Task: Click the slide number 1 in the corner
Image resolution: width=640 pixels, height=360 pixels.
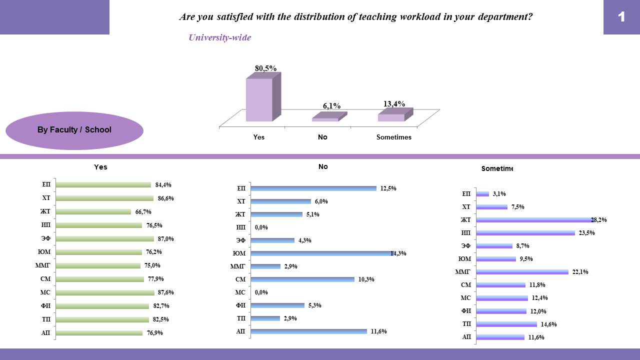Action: pyautogui.click(x=621, y=17)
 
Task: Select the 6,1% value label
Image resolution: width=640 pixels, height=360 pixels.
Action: pyautogui.click(x=331, y=106)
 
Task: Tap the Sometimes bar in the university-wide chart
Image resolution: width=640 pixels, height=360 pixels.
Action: pyautogui.click(x=391, y=117)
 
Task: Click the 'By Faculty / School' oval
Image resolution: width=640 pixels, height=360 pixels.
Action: pyautogui.click(x=74, y=130)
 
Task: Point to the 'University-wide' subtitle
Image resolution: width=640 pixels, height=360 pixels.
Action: pyautogui.click(x=219, y=37)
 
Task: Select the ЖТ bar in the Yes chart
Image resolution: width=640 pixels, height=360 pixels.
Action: pyautogui.click(x=93, y=212)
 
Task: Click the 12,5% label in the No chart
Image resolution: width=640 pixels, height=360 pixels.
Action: pyautogui.click(x=388, y=188)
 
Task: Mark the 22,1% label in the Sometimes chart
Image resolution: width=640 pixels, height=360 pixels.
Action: pyautogui.click(x=580, y=272)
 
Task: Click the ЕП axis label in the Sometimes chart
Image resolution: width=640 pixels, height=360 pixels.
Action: pyautogui.click(x=466, y=194)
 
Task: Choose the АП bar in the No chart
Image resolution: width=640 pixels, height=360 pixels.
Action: pyautogui.click(x=309, y=331)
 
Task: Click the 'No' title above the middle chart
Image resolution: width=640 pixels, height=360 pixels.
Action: pyautogui.click(x=323, y=166)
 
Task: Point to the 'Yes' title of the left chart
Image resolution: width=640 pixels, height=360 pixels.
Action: pyautogui.click(x=100, y=167)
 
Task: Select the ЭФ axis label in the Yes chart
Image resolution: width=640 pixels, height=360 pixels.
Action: pyautogui.click(x=46, y=239)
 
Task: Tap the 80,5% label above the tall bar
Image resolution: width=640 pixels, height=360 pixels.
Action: pyautogui.click(x=265, y=68)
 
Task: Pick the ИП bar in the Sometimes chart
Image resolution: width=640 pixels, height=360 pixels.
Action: pyautogui.click(x=525, y=233)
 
